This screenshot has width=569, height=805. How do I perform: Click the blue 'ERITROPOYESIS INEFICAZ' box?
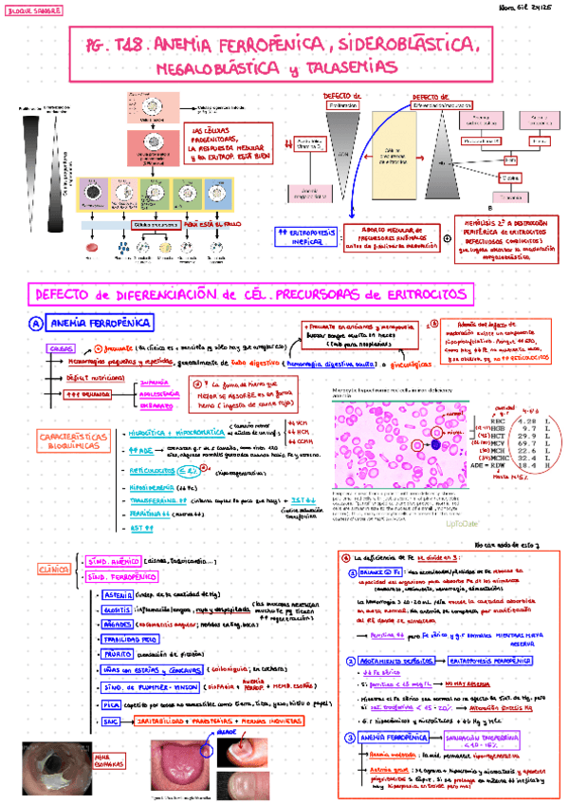click(x=305, y=236)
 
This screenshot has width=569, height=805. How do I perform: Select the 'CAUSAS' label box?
click(x=62, y=348)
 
